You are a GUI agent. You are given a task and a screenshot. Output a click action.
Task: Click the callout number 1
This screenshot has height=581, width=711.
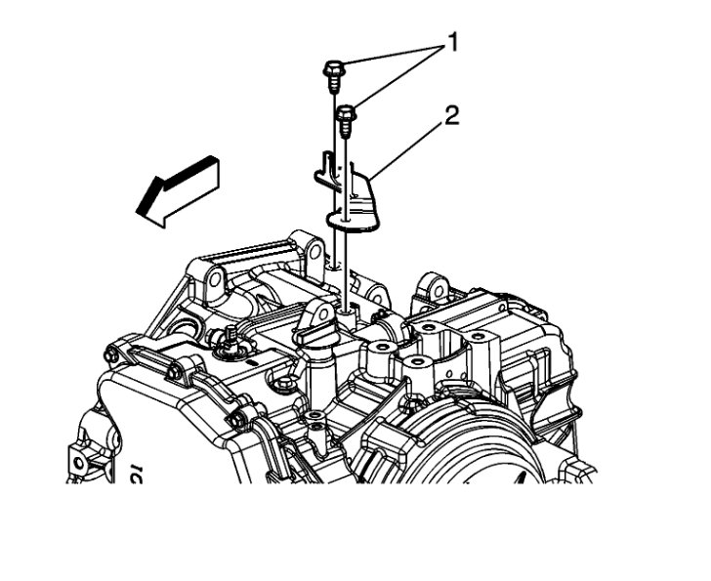click(451, 44)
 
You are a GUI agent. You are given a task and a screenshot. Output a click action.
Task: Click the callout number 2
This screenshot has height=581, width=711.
click(451, 116)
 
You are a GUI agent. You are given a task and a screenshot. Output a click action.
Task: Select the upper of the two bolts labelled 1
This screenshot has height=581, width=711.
click(333, 76)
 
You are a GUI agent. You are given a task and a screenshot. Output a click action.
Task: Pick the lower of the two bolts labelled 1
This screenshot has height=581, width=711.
click(346, 120)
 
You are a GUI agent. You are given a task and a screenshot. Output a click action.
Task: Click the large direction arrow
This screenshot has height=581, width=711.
click(178, 191)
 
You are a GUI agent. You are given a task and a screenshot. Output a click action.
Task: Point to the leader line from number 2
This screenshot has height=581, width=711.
click(406, 152)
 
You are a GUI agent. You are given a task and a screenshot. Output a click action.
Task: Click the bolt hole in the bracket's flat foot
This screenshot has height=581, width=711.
click(346, 220)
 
